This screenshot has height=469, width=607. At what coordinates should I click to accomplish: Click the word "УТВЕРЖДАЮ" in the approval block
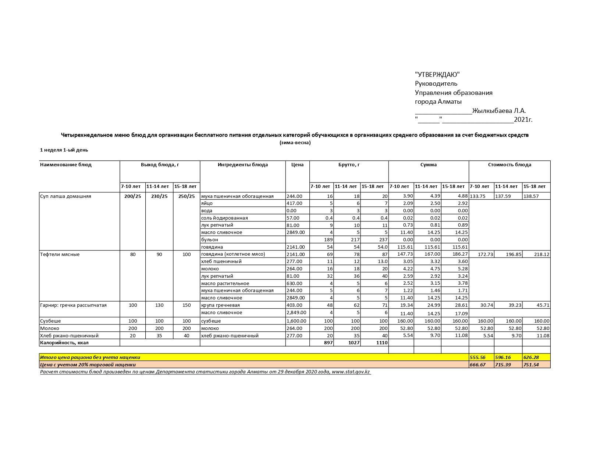tap(437, 75)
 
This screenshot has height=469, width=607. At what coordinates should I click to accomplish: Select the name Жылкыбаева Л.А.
tap(499, 111)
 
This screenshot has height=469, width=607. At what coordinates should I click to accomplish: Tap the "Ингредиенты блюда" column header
tap(242, 165)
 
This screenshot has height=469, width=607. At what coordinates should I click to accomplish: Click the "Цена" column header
tap(297, 165)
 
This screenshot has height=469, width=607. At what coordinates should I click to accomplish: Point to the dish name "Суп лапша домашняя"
tap(65, 196)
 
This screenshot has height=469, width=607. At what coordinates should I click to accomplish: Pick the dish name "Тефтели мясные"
tap(60, 255)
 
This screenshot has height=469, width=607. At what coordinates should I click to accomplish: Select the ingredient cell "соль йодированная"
tap(224, 218)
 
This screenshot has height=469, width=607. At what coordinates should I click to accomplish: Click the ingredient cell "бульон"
tap(210, 240)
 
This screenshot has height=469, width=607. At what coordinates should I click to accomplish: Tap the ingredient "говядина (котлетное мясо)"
tap(233, 254)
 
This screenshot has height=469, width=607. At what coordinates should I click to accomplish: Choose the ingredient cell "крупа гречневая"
tap(220, 305)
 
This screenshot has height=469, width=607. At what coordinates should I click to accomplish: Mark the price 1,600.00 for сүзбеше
tap(296, 321)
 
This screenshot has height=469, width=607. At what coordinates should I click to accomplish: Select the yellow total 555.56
tap(478, 358)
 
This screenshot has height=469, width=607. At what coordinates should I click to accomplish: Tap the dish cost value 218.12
tap(542, 255)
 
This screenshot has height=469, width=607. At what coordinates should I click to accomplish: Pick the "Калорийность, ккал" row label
tap(64, 343)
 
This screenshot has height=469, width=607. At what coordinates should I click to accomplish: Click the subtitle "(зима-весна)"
tap(295, 143)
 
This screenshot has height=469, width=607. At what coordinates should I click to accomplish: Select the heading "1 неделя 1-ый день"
tap(64, 150)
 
